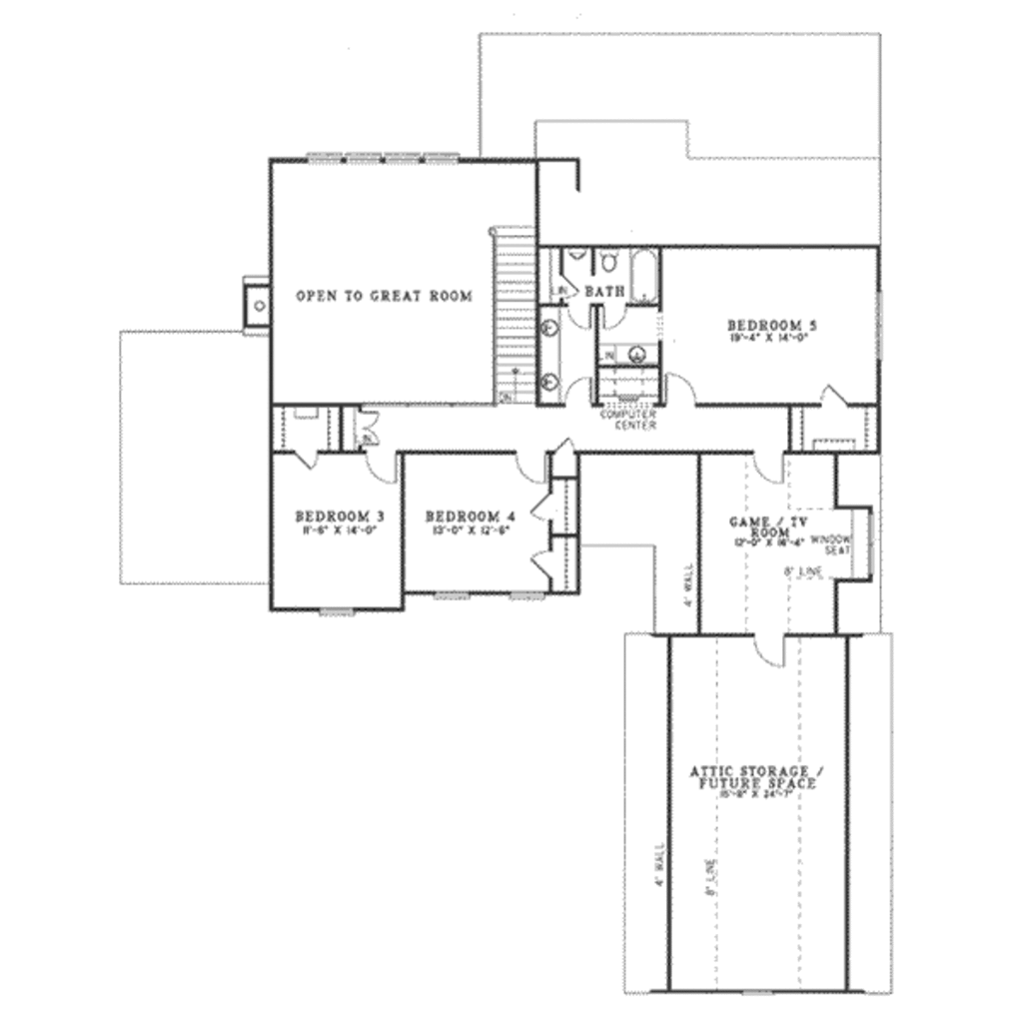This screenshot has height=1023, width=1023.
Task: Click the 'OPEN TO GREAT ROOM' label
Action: point(384,296)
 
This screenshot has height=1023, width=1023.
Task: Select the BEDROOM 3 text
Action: point(340,516)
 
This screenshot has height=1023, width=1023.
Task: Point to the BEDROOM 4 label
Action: point(471,516)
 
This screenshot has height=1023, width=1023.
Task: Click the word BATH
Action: point(604,291)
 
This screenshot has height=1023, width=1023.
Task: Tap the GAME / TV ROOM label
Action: point(770,526)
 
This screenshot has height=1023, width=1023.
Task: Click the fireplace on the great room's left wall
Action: point(258,304)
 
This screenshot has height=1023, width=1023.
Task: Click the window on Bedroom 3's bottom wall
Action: point(337,611)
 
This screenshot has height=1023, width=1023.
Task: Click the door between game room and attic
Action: point(770,649)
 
